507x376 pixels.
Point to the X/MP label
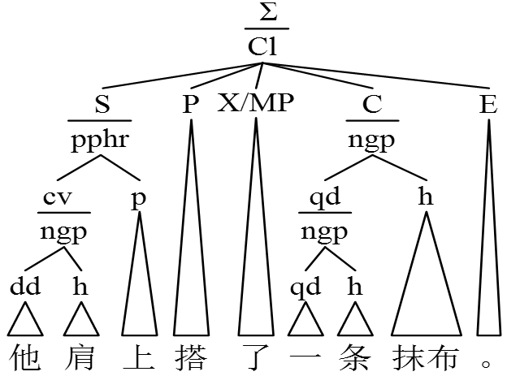coord(256,105)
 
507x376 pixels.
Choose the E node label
coord(487,105)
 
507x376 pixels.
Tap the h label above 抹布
coord(425,199)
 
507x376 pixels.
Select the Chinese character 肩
coord(80,357)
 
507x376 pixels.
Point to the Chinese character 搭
coord(191,357)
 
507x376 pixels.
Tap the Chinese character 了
coord(256,357)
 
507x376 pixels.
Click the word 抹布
coord(425,357)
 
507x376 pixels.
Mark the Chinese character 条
coord(355,357)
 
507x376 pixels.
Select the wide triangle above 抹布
coord(425,284)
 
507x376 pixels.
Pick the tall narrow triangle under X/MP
coord(256,244)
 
